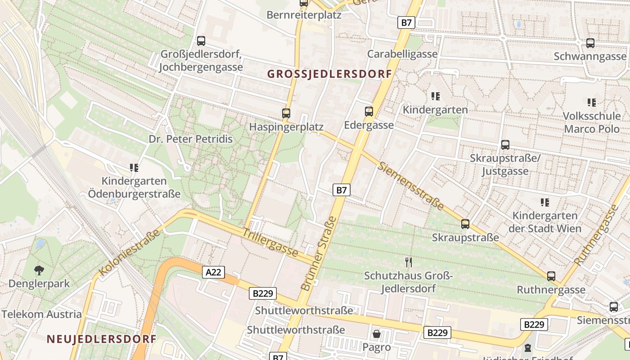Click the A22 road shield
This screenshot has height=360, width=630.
[213, 272]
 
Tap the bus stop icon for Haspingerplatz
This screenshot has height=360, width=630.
[286, 113]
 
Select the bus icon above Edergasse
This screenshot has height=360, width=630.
[369, 111]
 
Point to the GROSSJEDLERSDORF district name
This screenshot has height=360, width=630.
[329, 74]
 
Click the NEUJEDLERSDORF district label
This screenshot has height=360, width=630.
[101, 339]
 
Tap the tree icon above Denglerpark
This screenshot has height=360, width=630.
[39, 270]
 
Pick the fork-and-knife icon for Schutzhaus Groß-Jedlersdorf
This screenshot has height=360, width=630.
[409, 262]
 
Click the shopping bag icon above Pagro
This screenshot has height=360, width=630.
[377, 334]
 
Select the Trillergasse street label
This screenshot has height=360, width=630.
[270, 243]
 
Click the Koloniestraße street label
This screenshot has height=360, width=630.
[129, 253]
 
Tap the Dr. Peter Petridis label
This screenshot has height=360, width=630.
[191, 139]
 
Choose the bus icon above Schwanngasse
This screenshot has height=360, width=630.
[590, 43]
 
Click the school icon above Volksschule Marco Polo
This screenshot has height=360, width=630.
[592, 103]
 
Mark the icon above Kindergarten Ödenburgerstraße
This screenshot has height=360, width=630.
[134, 168]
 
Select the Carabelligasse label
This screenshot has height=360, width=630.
[402, 54]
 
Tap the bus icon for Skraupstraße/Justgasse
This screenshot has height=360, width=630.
[505, 145]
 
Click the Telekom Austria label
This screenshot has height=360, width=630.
[41, 314]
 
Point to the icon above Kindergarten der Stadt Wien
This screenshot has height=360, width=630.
[545, 202]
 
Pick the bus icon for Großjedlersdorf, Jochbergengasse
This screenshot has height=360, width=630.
[201, 41]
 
